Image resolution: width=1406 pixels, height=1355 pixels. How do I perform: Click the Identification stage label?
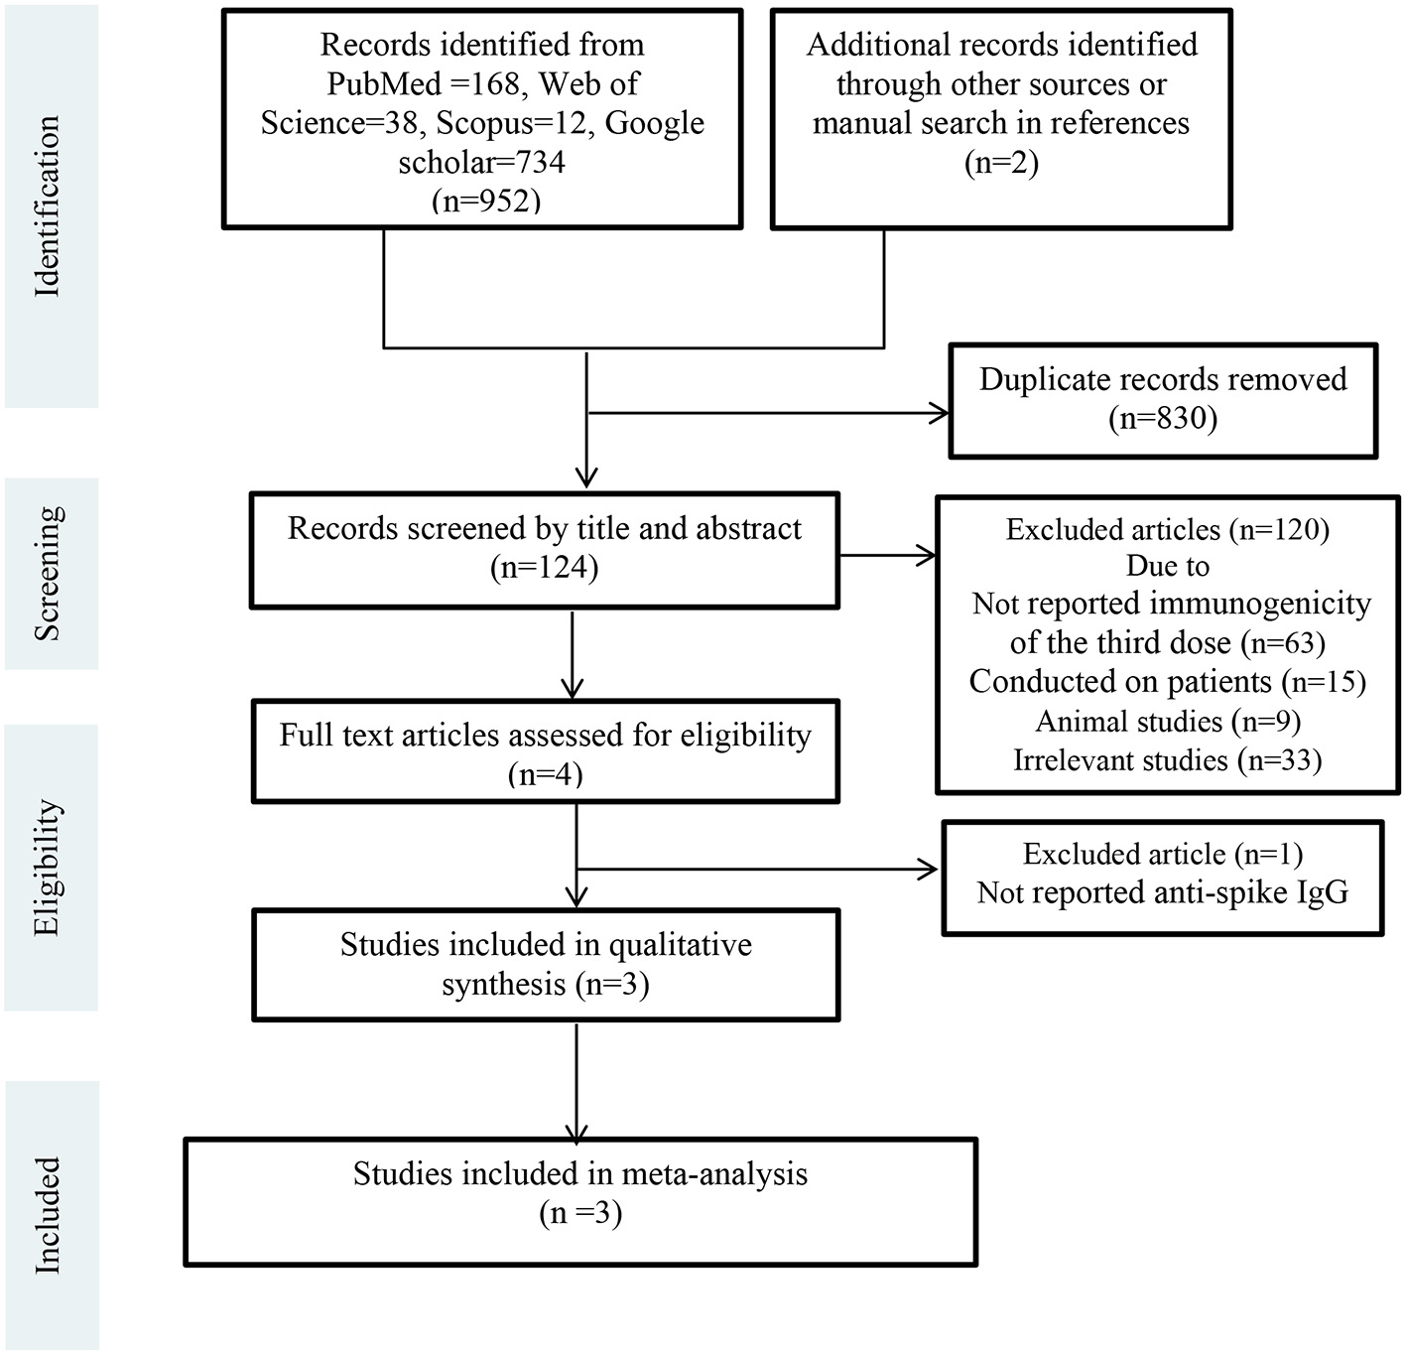48,205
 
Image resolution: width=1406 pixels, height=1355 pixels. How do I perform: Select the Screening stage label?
48,573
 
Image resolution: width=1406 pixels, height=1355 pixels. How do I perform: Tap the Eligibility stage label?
48,867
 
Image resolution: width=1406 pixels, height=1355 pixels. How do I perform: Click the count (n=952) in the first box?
485,201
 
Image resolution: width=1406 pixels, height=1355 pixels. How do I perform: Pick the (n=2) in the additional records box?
1000,162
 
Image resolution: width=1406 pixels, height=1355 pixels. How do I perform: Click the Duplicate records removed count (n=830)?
1162,418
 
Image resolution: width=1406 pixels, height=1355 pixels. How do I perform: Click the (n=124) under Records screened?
544,567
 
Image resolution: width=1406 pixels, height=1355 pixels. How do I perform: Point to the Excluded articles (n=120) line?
1167,529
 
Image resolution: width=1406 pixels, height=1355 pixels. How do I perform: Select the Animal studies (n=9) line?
1167,721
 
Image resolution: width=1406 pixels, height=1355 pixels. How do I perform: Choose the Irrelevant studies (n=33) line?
1167,760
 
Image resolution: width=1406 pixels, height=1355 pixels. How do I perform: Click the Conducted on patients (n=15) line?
1167,682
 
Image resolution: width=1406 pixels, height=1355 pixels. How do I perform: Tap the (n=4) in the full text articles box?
544,774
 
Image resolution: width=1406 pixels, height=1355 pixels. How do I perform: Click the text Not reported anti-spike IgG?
1162,892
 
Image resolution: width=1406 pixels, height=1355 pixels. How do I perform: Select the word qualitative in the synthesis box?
680,944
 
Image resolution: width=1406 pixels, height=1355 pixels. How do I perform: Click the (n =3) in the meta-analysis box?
579,1213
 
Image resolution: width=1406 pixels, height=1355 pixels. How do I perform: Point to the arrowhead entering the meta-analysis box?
576,1133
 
